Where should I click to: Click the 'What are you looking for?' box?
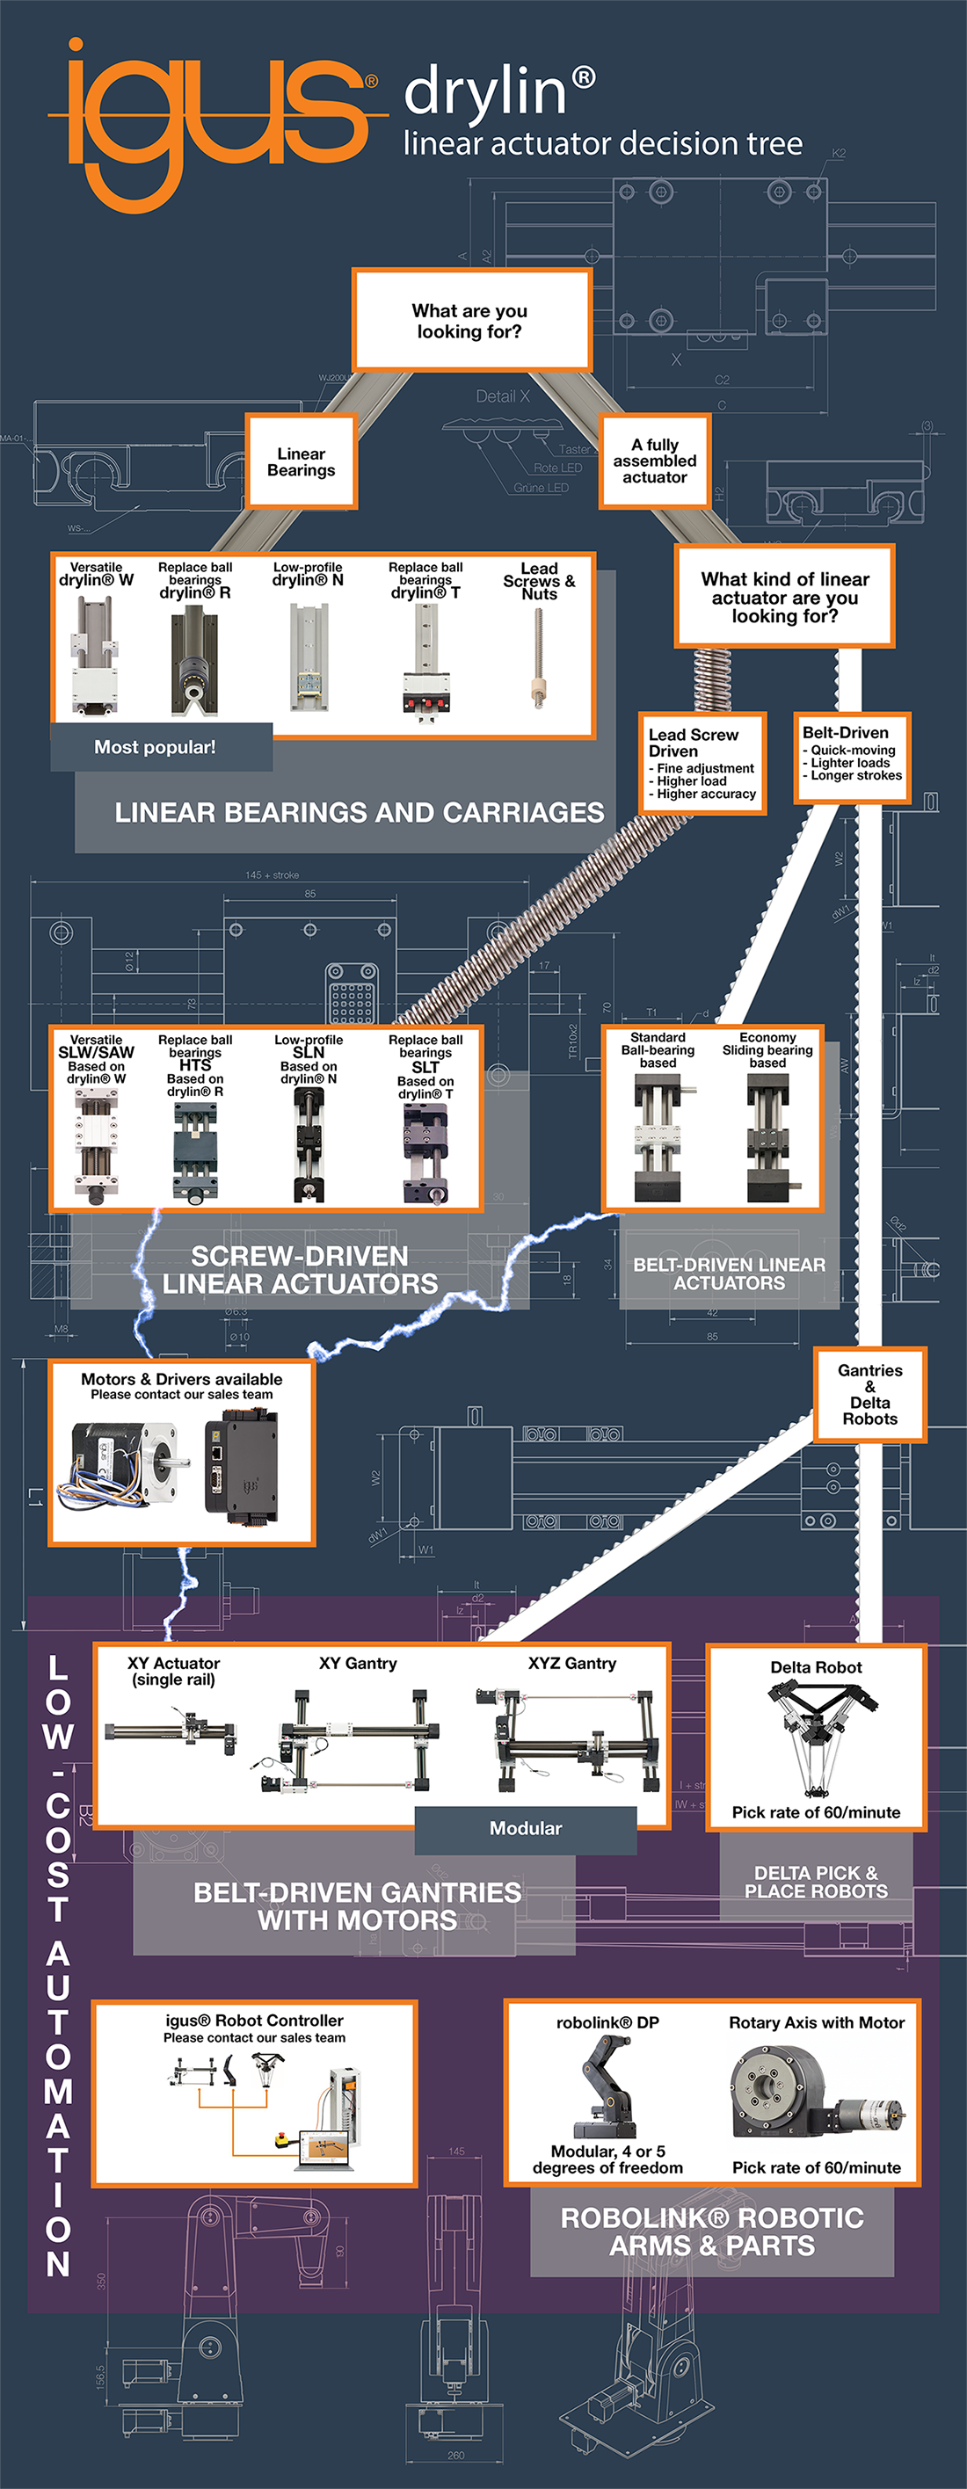coord(471,321)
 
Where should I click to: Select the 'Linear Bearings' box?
coord(302,462)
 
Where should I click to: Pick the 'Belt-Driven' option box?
coord(851,758)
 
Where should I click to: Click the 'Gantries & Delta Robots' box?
coord(869,1394)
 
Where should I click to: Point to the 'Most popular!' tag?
coord(156,747)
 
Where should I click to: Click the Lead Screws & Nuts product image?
coord(538,658)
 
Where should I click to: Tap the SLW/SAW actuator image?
coord(96,1146)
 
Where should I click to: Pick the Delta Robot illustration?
coord(817,1737)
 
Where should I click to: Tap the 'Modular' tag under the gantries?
coord(526,1828)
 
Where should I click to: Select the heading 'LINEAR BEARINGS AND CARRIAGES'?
coord(360,813)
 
